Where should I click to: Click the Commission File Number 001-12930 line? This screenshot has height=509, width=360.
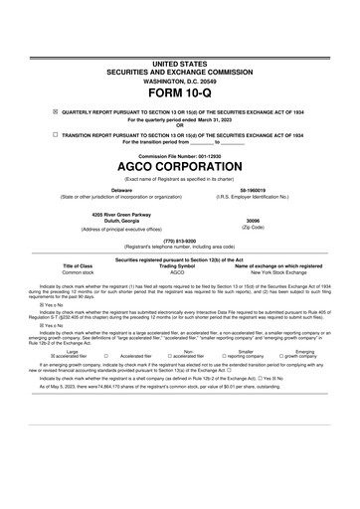tap(180, 157)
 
